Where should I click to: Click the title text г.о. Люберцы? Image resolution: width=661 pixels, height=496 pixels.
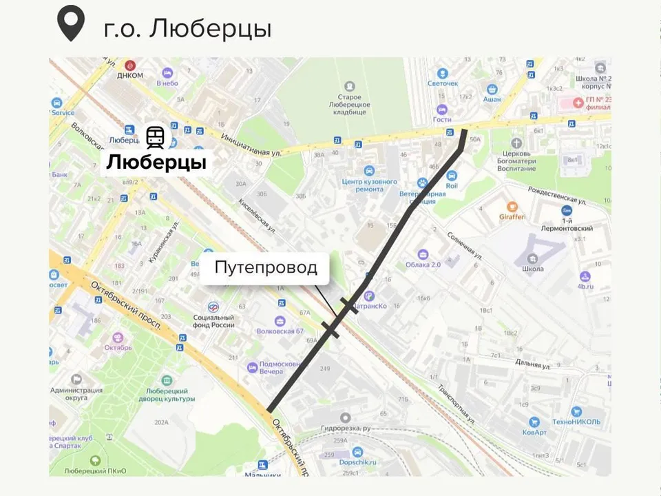(x=187, y=28)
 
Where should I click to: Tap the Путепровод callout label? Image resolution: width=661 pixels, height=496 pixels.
(x=266, y=267)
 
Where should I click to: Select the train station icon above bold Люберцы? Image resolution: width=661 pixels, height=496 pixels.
(x=155, y=137)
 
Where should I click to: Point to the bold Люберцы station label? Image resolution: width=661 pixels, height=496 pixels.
(x=156, y=163)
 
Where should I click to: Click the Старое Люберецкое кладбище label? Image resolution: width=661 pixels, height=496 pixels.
(x=350, y=104)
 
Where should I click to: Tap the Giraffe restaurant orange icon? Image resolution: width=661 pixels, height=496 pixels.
(x=512, y=206)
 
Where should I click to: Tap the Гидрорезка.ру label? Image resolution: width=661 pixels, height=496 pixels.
(x=346, y=428)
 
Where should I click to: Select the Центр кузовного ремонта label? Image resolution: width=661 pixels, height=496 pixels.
(x=370, y=185)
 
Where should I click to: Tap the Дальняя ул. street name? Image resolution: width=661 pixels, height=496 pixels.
(x=532, y=364)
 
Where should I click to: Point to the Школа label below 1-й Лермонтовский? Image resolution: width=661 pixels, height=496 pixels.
(x=533, y=269)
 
